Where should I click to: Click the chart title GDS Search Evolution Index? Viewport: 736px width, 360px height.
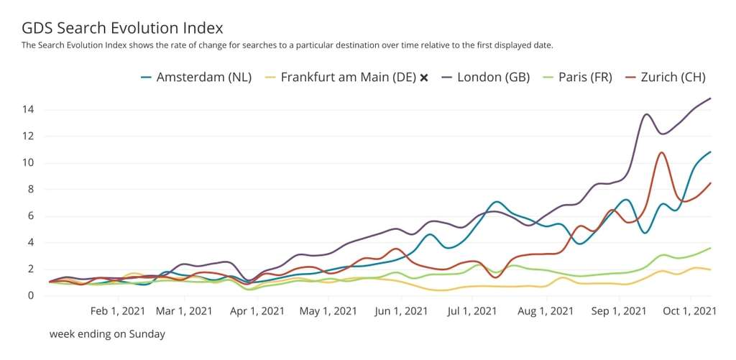pyautogui.click(x=122, y=28)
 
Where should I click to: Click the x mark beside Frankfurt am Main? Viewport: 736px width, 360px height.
pyautogui.click(x=424, y=78)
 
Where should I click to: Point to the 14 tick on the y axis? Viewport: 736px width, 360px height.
pyautogui.click(x=29, y=110)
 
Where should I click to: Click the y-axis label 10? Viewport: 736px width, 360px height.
pyautogui.click(x=29, y=163)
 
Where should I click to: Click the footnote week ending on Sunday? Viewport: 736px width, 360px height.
pyautogui.click(x=107, y=333)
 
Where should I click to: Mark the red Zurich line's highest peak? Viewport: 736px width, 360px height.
pyautogui.click(x=661, y=152)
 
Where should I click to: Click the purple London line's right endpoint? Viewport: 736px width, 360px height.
pyautogui.click(x=711, y=98)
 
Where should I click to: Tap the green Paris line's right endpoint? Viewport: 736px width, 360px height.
pyautogui.click(x=711, y=248)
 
